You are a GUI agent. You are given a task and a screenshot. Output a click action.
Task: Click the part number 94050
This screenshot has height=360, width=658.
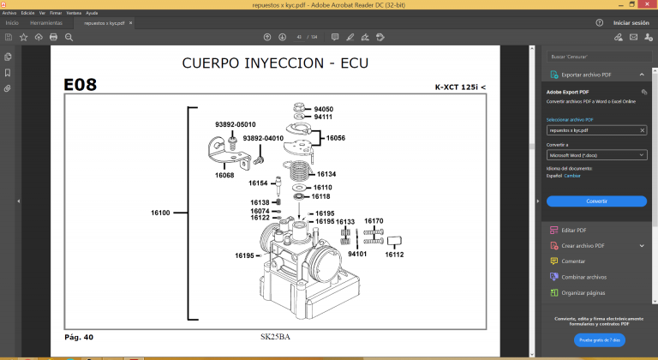[323, 109]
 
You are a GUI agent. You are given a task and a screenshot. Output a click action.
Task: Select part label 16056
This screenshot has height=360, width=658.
[336, 138]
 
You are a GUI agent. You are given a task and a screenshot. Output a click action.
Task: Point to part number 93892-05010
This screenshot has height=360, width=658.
[235, 124]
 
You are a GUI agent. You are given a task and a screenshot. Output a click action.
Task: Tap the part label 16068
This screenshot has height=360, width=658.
[224, 175]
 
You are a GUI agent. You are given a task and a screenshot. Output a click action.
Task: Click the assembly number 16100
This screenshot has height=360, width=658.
[160, 212]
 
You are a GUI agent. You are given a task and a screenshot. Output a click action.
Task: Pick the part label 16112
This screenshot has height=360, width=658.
[394, 255]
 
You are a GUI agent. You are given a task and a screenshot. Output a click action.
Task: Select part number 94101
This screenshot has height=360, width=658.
[357, 255]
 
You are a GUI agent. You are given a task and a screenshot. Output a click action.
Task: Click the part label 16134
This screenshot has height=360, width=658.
[326, 174]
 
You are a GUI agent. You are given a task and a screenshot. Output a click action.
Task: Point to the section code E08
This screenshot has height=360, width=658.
[81, 85]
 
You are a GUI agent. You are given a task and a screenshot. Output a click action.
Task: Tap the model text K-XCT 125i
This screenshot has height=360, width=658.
[459, 87]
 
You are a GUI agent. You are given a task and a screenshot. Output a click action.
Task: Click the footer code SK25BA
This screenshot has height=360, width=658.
[275, 337]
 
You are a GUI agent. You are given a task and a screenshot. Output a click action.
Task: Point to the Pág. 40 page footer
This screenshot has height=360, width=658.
[79, 337]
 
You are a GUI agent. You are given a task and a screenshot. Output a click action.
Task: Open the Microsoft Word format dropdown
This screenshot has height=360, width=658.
[597, 155]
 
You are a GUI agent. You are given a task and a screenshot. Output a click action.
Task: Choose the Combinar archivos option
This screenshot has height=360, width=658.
[583, 277]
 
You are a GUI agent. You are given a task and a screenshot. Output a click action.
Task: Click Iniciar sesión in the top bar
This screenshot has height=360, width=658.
[631, 23]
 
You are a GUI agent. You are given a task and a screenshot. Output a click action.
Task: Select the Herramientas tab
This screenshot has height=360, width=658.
[45, 23]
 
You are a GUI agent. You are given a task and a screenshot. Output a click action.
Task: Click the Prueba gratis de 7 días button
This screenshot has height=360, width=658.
[597, 340]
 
